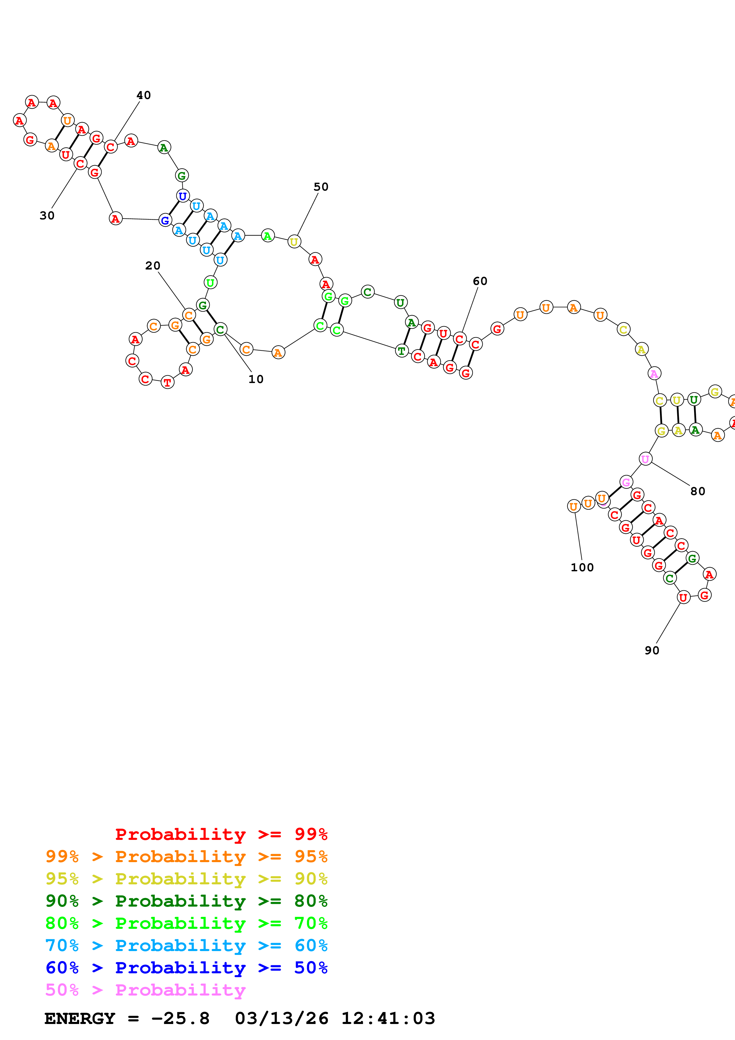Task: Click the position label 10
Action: [256, 379]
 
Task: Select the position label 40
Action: [144, 95]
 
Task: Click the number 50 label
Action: [321, 186]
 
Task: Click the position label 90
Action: [652, 650]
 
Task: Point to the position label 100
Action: [582, 567]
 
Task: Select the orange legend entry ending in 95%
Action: [186, 856]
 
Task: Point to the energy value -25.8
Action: [180, 1018]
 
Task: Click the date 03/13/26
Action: [281, 1018]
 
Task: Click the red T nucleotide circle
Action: [168, 382]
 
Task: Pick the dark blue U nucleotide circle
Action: [183, 196]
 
